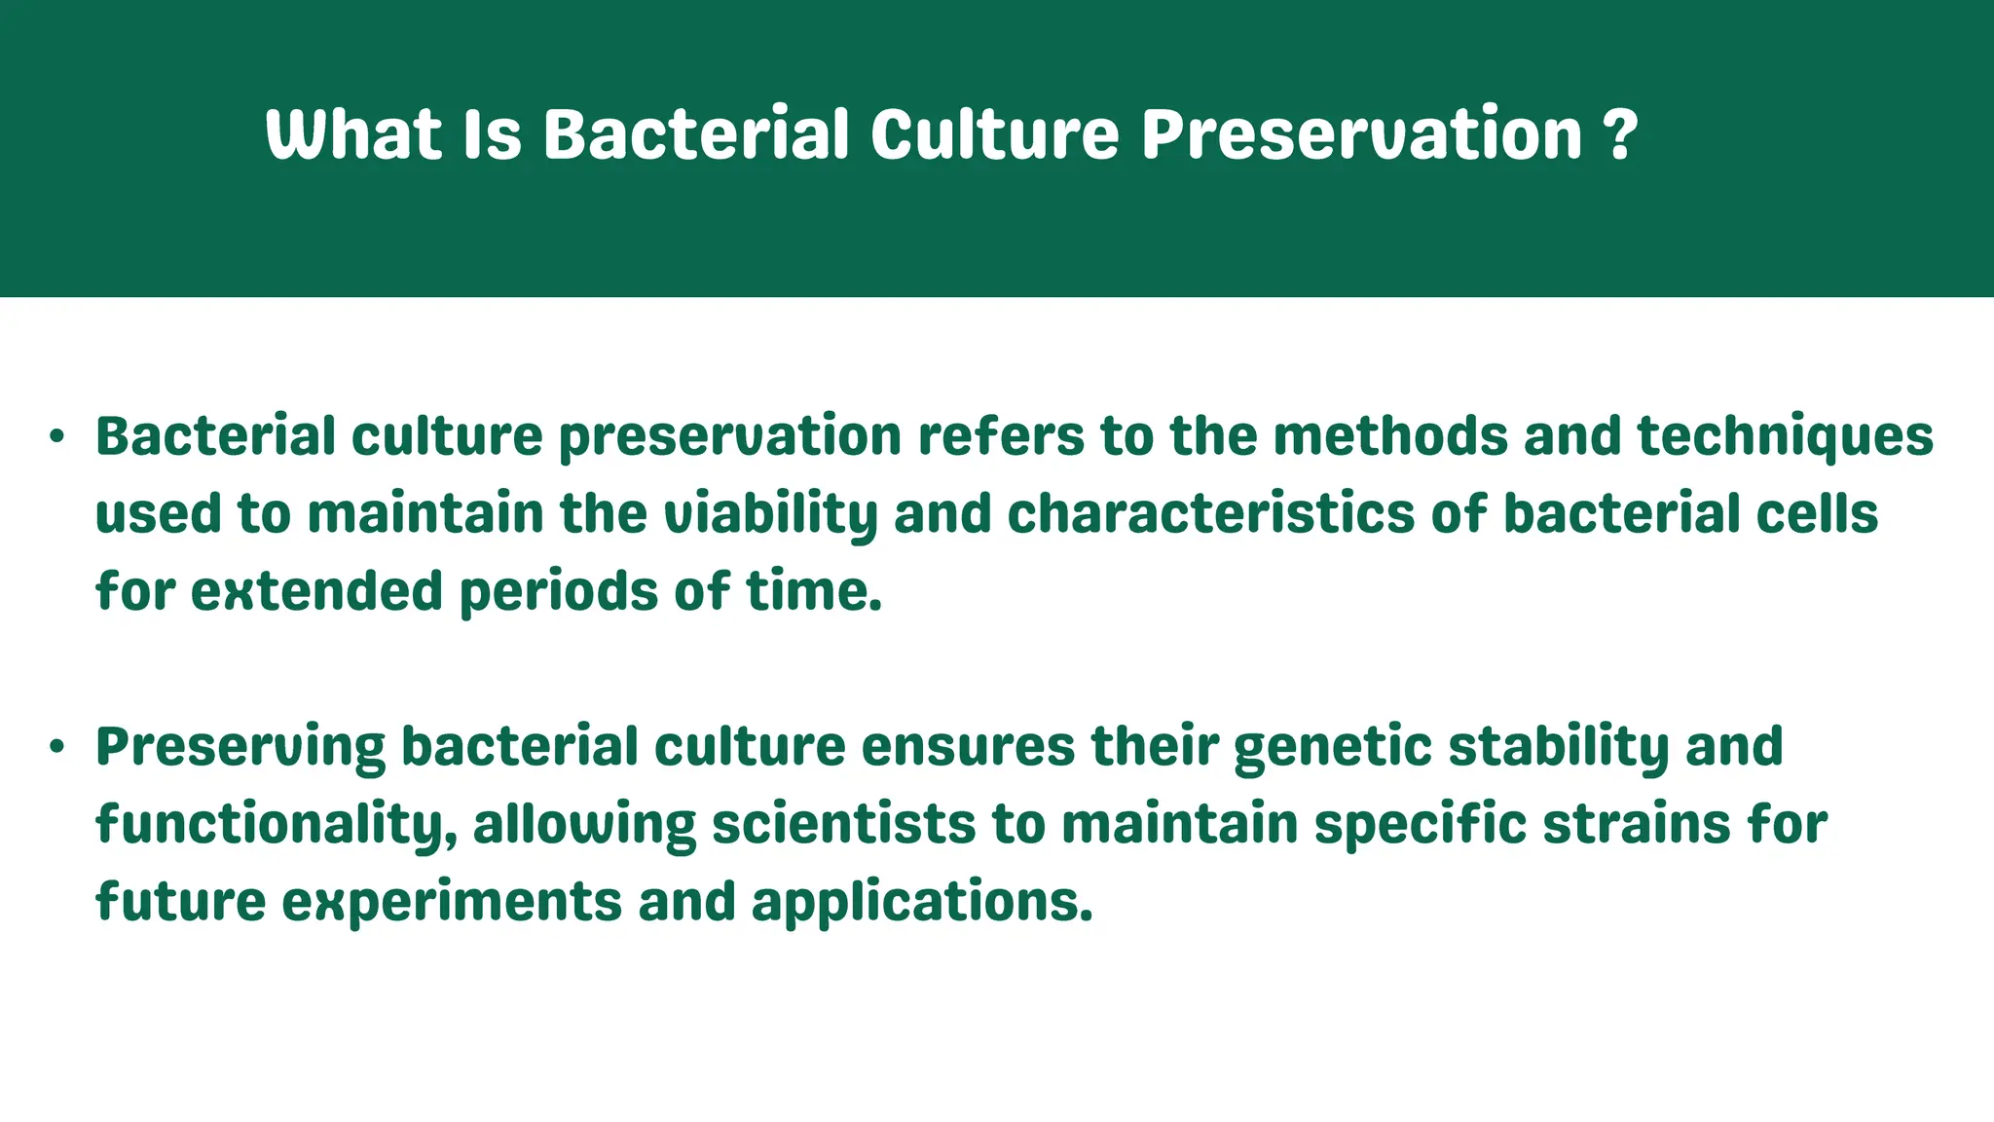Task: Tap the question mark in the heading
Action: click(x=1620, y=135)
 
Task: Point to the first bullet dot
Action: click(x=57, y=437)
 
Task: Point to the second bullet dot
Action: click(x=57, y=747)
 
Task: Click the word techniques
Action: click(x=1785, y=436)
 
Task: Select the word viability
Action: click(x=770, y=514)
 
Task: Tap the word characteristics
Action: click(x=1210, y=513)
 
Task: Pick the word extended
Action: click(x=316, y=591)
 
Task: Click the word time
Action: click(x=814, y=591)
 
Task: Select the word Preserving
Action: click(x=240, y=747)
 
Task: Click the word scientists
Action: click(x=843, y=824)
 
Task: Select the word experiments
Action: click(x=452, y=902)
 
